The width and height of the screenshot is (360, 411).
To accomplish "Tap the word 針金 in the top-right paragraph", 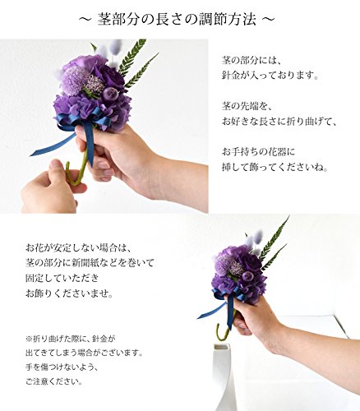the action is pos(230,75).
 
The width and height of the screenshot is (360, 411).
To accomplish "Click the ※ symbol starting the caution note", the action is pos(29,339).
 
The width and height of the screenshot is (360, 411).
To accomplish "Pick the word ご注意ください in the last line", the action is pos(53,381).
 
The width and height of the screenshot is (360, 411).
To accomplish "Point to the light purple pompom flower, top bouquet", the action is pos(73,78).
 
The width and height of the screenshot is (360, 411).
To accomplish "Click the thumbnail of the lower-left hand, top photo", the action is pos(56,165).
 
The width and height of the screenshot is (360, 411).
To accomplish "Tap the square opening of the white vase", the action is pos(221,347).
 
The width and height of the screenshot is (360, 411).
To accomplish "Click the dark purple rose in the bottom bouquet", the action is pos(252,262).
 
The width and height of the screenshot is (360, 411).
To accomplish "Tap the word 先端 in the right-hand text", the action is pos(248,105).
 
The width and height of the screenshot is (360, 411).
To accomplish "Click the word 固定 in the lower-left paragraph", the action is pos(35,279).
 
